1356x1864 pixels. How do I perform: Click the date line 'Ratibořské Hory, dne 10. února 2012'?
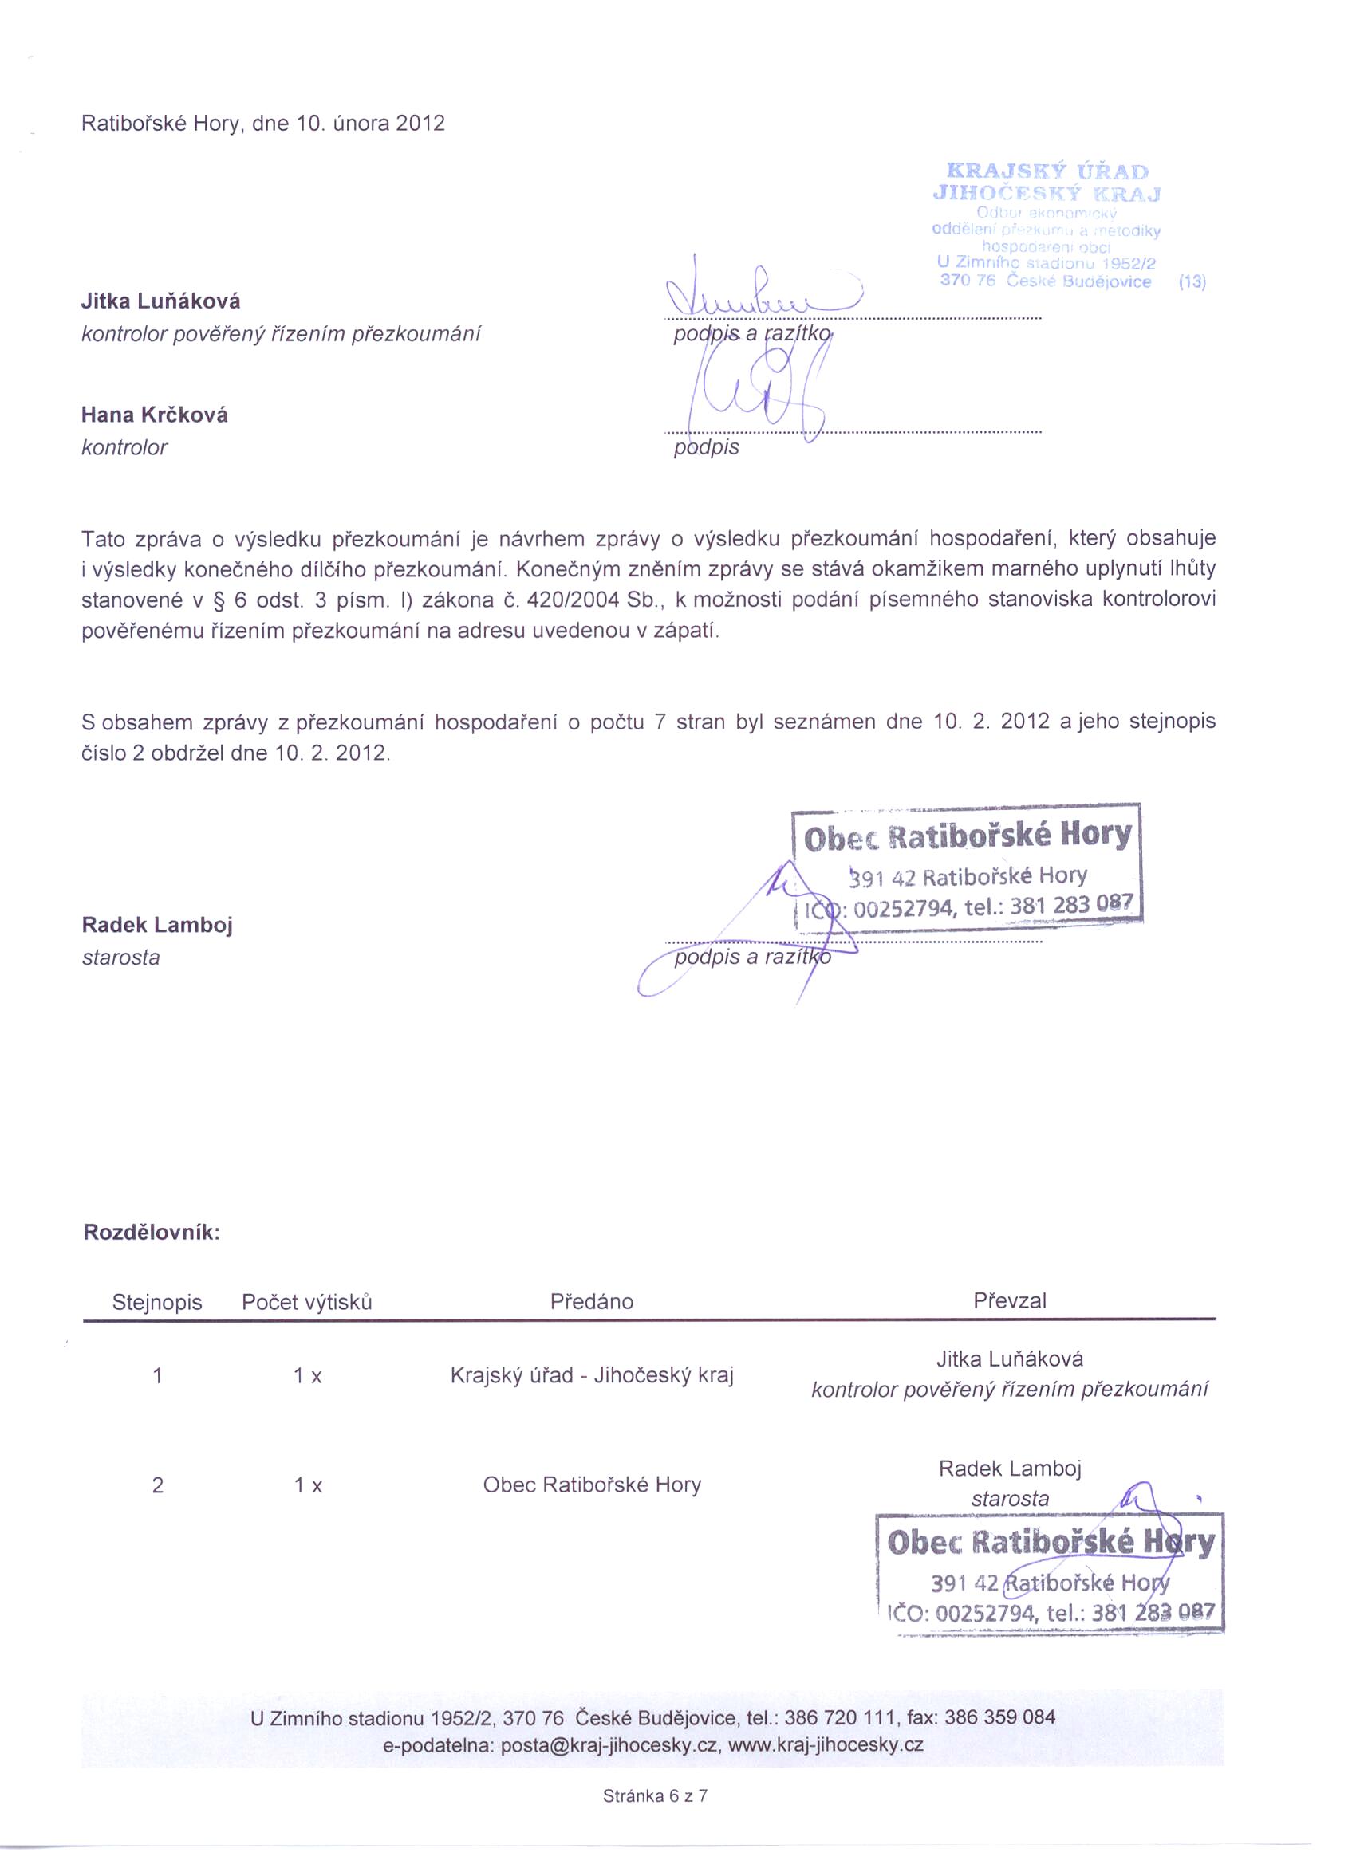[x=263, y=124]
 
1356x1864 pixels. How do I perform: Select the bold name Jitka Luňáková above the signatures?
[x=160, y=301]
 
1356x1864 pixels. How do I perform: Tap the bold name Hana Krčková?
[x=155, y=415]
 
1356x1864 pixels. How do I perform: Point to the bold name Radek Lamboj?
[x=157, y=926]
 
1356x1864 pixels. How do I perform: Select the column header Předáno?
[x=591, y=1302]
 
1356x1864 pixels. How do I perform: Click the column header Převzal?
[x=1009, y=1301]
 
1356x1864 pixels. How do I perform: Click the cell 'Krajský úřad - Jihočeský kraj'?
[x=591, y=1376]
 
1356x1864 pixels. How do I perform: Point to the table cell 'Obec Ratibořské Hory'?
[x=591, y=1485]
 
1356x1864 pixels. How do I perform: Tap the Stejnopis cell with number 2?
[x=158, y=1485]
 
